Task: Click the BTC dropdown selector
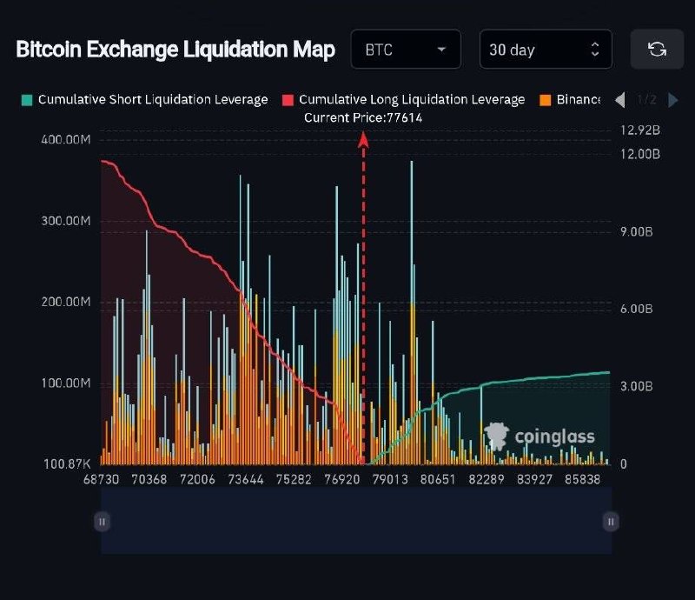tap(406, 50)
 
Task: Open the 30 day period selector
tap(546, 50)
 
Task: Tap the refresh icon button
tap(657, 50)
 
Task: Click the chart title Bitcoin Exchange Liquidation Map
tap(175, 50)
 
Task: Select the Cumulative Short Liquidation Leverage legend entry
tap(145, 99)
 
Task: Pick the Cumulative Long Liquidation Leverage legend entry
tap(404, 99)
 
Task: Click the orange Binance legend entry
tap(570, 99)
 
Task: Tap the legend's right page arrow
tap(672, 100)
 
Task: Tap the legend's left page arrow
tap(620, 100)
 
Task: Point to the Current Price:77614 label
tap(363, 117)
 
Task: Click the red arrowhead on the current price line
tap(363, 139)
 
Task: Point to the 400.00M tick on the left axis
tap(66, 139)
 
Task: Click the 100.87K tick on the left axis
tap(67, 463)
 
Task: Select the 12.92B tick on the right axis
tap(640, 130)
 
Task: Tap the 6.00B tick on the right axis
tap(637, 309)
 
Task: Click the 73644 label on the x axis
tap(246, 479)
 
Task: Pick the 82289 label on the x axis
tap(486, 479)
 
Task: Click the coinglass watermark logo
tap(539, 437)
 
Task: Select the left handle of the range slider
tap(102, 522)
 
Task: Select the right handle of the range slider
tap(611, 522)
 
